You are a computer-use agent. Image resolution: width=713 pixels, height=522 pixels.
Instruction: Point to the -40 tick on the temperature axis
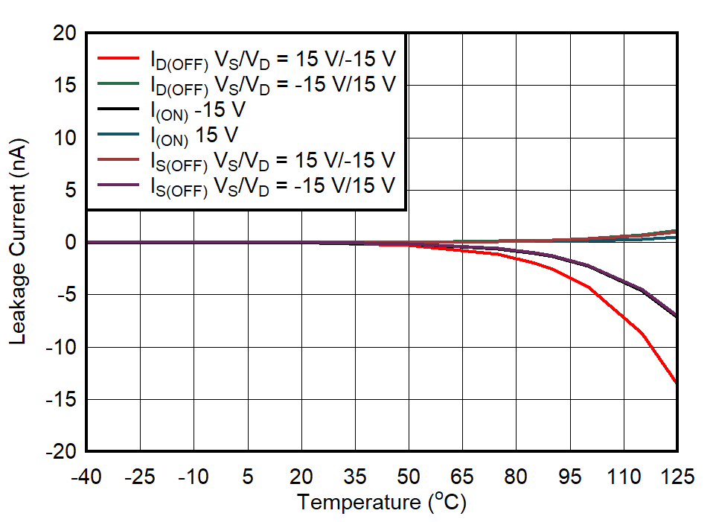point(86,477)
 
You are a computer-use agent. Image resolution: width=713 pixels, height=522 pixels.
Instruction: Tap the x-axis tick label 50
point(409,477)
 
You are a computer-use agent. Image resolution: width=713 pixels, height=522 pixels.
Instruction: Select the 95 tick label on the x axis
point(569,477)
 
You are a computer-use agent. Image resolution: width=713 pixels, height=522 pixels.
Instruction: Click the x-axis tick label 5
point(248,477)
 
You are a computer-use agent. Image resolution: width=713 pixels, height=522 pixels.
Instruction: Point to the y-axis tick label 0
point(71,243)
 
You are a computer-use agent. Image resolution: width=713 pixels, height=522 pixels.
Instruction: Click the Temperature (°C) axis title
point(382,503)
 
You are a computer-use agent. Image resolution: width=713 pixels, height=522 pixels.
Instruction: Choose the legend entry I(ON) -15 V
point(198,109)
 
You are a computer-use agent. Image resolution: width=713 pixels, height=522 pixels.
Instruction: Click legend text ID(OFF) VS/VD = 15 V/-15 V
point(272,59)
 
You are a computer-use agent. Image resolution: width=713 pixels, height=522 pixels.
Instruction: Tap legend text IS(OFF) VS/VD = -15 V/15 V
point(272,186)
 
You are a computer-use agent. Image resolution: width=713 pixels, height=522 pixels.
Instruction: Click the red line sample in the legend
point(118,57)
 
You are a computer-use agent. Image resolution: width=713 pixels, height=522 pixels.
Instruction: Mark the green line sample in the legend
point(118,83)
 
